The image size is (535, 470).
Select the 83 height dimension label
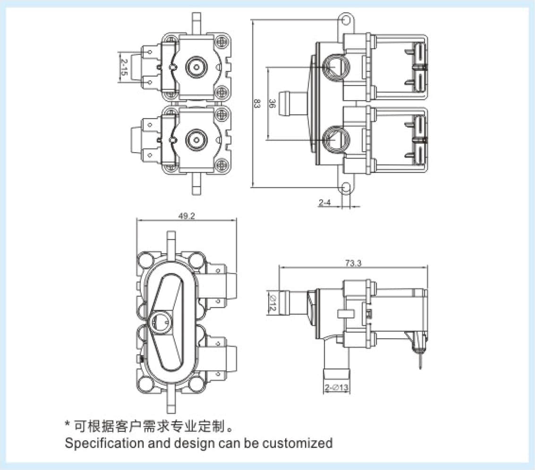coord(257,104)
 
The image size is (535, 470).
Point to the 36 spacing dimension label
coord(272,103)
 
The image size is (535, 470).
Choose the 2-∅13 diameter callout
coord(336,389)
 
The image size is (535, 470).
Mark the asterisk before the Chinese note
coord(68,425)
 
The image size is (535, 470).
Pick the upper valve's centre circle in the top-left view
coord(195,66)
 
